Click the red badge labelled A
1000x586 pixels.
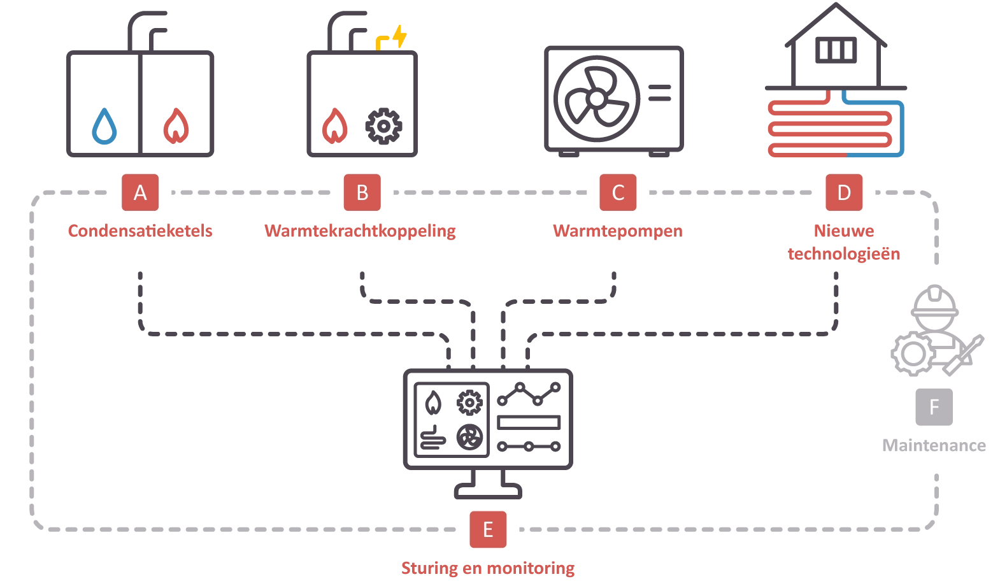(140, 192)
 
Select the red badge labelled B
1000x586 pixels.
(362, 192)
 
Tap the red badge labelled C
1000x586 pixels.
(617, 192)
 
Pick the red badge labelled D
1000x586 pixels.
(843, 192)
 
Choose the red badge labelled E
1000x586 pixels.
(488, 529)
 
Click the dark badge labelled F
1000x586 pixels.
(933, 407)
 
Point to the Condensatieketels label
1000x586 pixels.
(140, 231)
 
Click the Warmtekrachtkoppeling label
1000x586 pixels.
(361, 231)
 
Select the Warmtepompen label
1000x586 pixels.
(617, 231)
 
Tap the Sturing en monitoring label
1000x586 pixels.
(488, 568)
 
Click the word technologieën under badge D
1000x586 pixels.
(843, 253)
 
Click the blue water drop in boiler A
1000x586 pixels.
(104, 126)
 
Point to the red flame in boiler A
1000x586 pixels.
(176, 126)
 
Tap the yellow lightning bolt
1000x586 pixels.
(399, 36)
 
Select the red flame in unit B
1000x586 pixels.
(335, 126)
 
